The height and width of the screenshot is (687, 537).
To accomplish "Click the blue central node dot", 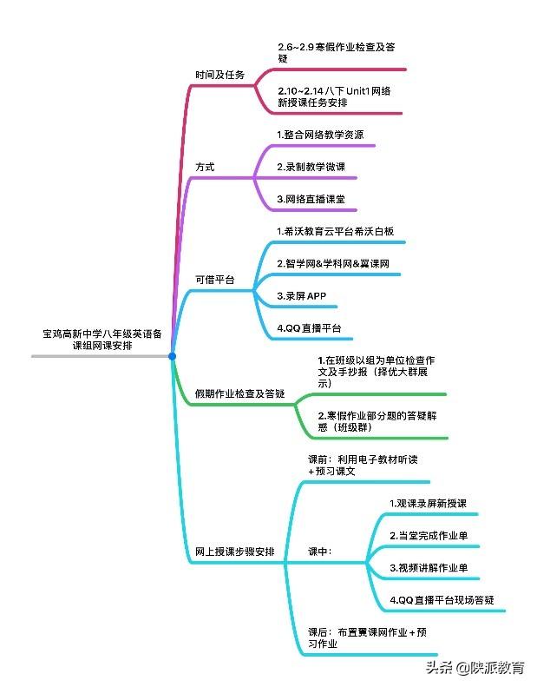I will [x=172, y=356].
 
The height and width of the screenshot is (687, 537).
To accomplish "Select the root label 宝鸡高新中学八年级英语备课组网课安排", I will [x=102, y=339].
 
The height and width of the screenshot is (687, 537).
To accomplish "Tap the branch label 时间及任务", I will [x=219, y=75].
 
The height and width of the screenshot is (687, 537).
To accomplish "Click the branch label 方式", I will [x=205, y=166].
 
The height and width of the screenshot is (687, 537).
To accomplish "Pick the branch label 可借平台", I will [x=214, y=280].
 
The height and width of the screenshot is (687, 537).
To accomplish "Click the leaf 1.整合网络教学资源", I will [x=319, y=135].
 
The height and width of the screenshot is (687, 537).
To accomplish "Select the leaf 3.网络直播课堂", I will [x=311, y=199].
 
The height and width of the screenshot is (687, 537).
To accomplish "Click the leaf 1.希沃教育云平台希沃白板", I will [x=335, y=231].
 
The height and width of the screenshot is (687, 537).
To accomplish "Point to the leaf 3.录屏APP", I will [x=301, y=296].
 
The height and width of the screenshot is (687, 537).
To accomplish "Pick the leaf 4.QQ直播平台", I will [x=308, y=328].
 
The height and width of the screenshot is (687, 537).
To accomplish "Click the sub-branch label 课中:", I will [x=320, y=552].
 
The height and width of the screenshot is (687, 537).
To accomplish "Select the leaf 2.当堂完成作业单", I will [x=429, y=536].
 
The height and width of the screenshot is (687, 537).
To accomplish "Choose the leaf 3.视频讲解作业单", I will [x=429, y=568].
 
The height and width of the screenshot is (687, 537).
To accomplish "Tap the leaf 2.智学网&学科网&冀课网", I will [x=333, y=263].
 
